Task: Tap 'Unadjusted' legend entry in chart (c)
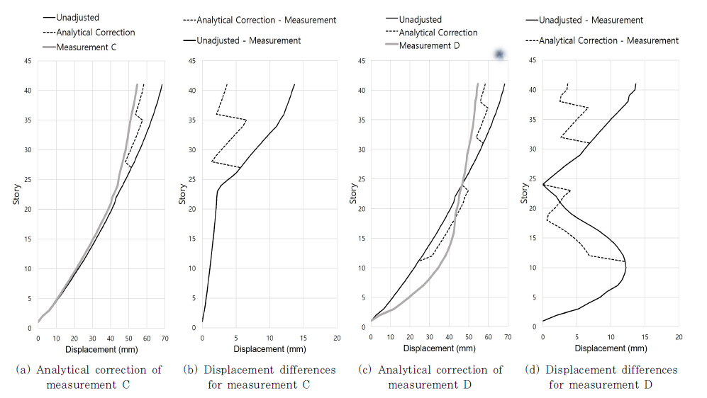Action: (420, 19)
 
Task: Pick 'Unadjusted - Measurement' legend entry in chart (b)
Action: (248, 40)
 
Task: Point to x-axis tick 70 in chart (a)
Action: (165, 339)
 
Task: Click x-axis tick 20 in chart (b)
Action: (337, 339)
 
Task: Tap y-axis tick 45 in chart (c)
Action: (362, 61)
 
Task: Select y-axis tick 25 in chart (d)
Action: (532, 180)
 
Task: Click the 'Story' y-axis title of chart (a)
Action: (16, 195)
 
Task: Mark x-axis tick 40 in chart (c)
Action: (449, 339)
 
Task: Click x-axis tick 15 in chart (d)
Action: (645, 338)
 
